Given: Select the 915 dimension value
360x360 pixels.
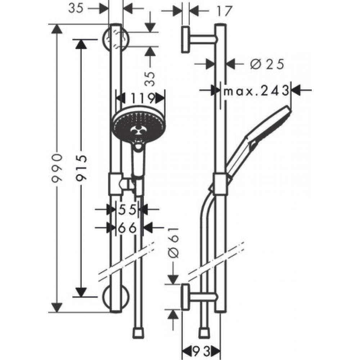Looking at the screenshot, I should pos(82,168).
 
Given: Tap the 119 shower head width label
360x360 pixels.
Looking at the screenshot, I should pos(141,98).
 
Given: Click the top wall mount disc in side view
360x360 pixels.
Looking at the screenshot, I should pos(186,39).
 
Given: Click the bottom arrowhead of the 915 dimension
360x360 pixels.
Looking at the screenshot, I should pos(82,292).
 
